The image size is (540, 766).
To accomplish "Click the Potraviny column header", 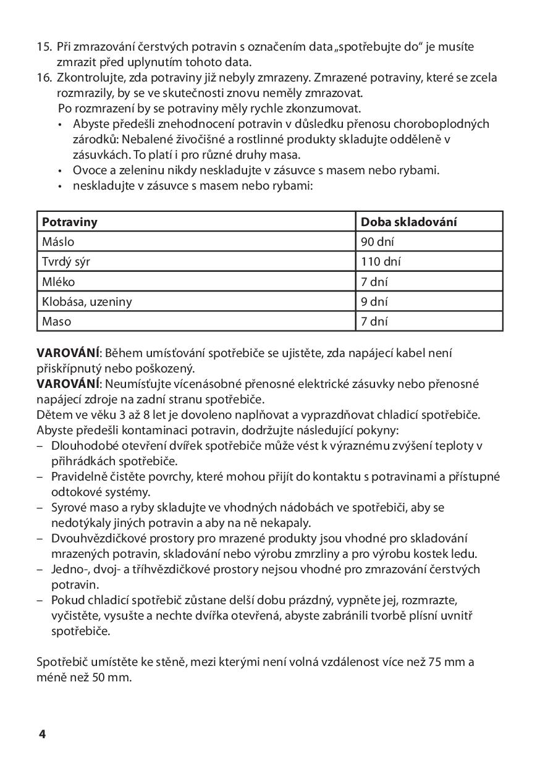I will [70, 222].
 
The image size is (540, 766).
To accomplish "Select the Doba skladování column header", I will [409, 222].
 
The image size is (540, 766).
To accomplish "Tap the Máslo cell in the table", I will [58, 242].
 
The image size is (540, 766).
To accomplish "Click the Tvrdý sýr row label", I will [66, 261].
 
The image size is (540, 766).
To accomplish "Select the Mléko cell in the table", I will [57, 282].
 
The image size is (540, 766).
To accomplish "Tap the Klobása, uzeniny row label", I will [86, 301].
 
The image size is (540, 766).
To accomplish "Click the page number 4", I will [42, 734].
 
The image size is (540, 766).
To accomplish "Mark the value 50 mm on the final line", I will [111, 677].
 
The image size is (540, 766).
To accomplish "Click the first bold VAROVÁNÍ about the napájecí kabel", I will [68, 353].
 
